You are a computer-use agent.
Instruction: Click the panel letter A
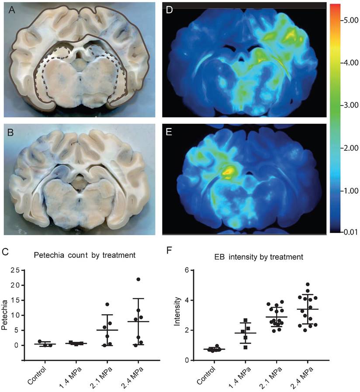[13, 12]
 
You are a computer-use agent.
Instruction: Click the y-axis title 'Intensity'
[177, 315]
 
